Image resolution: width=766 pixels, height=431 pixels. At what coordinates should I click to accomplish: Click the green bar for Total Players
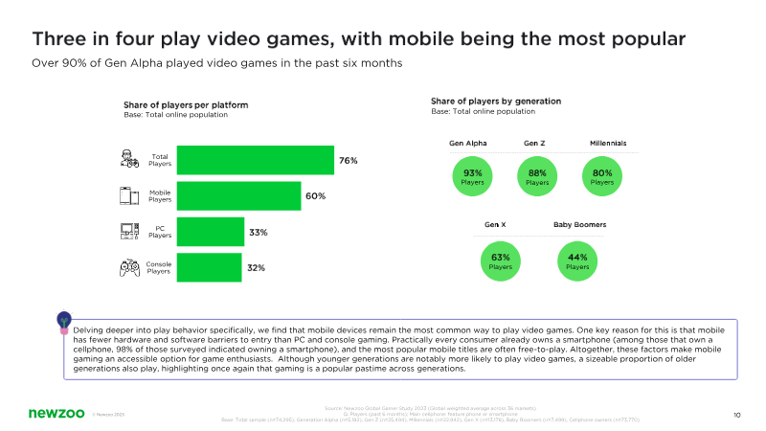(x=255, y=160)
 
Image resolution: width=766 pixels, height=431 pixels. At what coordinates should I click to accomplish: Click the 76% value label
(x=348, y=160)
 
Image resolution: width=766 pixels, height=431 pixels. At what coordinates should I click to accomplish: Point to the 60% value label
(x=316, y=196)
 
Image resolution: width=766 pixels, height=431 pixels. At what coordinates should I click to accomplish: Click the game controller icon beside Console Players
(x=128, y=268)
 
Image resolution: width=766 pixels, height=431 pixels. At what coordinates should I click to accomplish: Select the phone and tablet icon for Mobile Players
(x=128, y=196)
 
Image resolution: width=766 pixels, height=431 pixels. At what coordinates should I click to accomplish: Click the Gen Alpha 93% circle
(x=473, y=176)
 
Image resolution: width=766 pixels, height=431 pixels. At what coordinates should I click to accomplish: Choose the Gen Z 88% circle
(x=537, y=176)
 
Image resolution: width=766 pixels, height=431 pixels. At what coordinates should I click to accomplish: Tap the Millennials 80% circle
(x=602, y=176)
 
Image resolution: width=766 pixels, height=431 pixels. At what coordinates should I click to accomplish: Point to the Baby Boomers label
(x=579, y=225)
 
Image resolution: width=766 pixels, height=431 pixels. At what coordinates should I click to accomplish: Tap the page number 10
(x=736, y=415)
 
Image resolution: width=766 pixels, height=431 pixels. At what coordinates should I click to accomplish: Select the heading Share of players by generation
(x=496, y=101)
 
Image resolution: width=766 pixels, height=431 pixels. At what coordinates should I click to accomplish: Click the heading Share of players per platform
(x=186, y=104)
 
